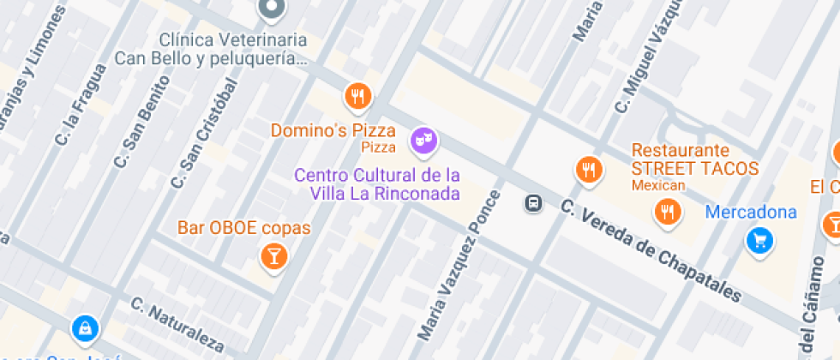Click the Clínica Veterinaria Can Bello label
pyautogui.click(x=233, y=50)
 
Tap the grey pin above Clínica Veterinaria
pyautogui.click(x=273, y=9)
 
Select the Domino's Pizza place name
pyautogui.click(x=333, y=131)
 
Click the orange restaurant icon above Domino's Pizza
pyautogui.click(x=358, y=96)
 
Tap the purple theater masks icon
pyautogui.click(x=423, y=140)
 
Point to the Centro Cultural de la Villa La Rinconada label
pyautogui.click(x=377, y=183)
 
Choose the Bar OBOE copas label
pyautogui.click(x=243, y=229)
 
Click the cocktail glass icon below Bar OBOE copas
pyautogui.click(x=273, y=255)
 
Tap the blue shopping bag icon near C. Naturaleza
pyautogui.click(x=85, y=327)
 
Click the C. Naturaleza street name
pyautogui.click(x=177, y=326)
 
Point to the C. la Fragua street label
pyautogui.click(x=80, y=106)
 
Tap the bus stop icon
pyautogui.click(x=533, y=203)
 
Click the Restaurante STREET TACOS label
pyautogui.click(x=695, y=159)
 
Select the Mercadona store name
pyautogui.click(x=751, y=212)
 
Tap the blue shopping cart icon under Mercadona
pyautogui.click(x=759, y=241)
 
